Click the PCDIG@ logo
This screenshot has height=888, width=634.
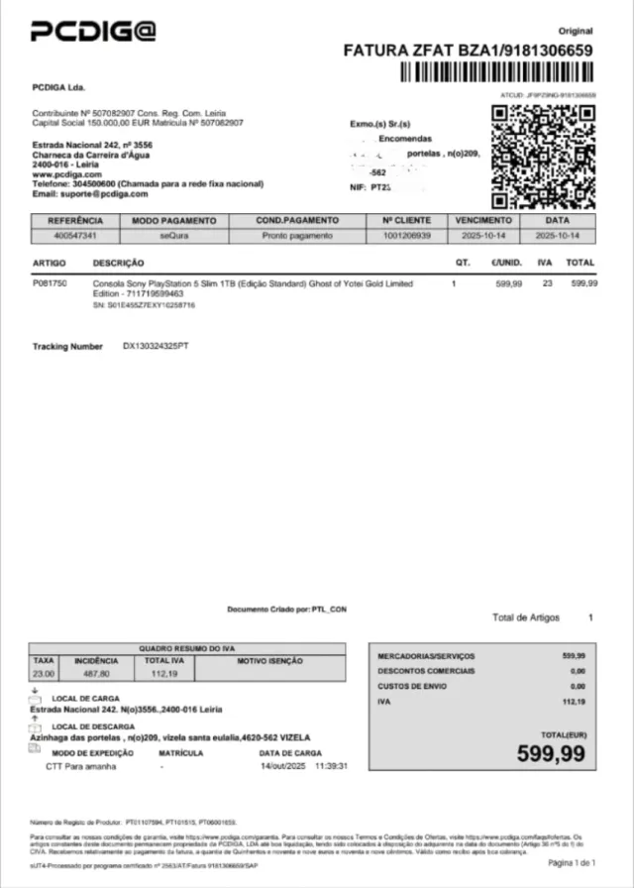click(x=94, y=33)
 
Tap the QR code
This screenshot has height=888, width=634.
click(x=544, y=156)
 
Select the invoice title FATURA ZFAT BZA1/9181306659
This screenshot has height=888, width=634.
click(x=468, y=51)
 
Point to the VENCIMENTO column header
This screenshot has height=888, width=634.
click(x=483, y=220)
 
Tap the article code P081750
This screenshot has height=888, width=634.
click(x=51, y=283)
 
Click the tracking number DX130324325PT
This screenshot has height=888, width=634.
click(x=156, y=347)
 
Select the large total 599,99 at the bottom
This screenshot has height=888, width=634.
click(x=551, y=752)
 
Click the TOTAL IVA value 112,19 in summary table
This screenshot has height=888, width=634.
click(x=162, y=674)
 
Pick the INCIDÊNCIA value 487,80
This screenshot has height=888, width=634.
click(x=97, y=674)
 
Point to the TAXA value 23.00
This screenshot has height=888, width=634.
click(x=44, y=674)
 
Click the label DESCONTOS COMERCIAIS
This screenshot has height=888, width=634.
click(x=426, y=671)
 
